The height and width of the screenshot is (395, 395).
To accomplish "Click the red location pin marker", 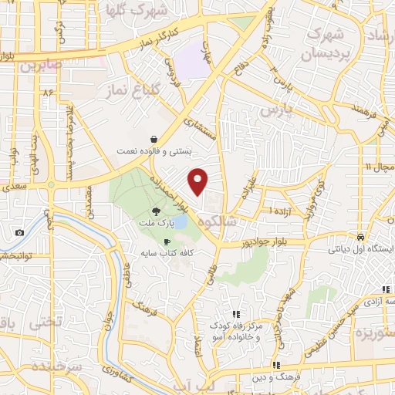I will click(198, 181).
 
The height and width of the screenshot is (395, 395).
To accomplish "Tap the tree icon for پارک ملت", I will click(156, 211).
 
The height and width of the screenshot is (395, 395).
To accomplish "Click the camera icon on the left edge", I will click(19, 232).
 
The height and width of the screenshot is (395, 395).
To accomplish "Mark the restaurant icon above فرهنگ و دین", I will click(275, 365).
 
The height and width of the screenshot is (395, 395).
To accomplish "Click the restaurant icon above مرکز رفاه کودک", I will click(238, 314).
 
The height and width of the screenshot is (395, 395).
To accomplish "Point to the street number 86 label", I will click(51, 93).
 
